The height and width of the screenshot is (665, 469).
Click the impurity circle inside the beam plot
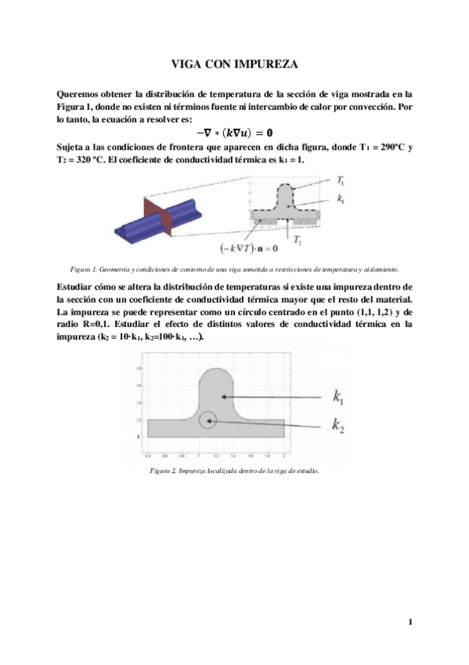207,420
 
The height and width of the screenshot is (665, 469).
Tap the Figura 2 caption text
233,471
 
